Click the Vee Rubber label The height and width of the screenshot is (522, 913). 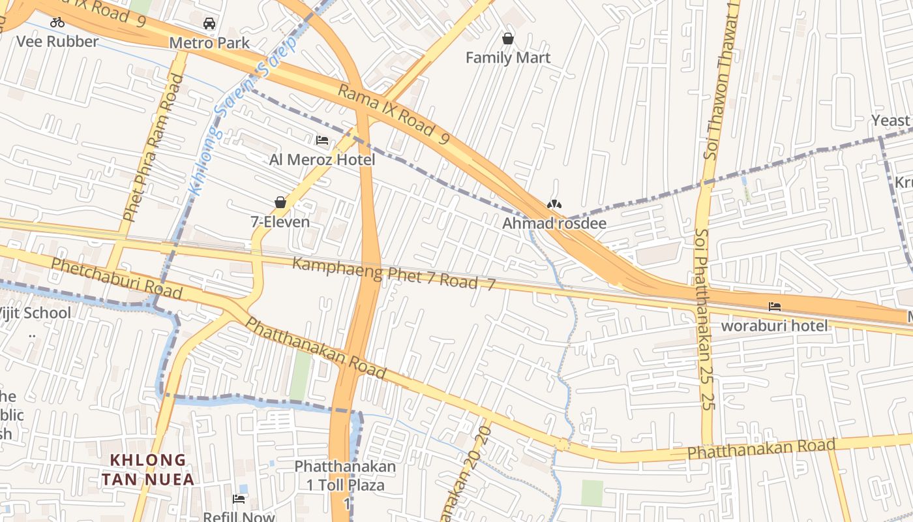click(x=57, y=42)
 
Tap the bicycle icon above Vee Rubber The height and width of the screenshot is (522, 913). click(x=57, y=23)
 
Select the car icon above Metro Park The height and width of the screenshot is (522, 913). click(x=209, y=23)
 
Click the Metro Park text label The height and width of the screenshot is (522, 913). click(x=209, y=43)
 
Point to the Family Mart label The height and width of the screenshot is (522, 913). click(x=508, y=58)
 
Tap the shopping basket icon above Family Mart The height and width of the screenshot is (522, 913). click(x=508, y=39)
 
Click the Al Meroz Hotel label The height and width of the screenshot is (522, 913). click(x=322, y=160)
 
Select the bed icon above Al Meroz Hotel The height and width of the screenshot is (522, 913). click(x=322, y=140)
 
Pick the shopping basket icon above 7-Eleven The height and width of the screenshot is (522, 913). click(x=280, y=203)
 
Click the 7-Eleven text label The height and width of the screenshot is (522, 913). click(x=280, y=222)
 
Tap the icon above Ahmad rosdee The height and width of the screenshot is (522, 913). click(x=554, y=204)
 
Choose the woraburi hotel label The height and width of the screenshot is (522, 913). click(x=774, y=326)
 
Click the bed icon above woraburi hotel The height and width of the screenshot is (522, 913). click(x=774, y=306)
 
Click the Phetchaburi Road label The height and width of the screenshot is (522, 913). click(x=116, y=278)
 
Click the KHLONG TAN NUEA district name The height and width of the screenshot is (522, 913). click(x=147, y=470)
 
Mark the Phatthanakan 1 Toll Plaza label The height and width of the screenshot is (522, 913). click(x=345, y=476)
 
